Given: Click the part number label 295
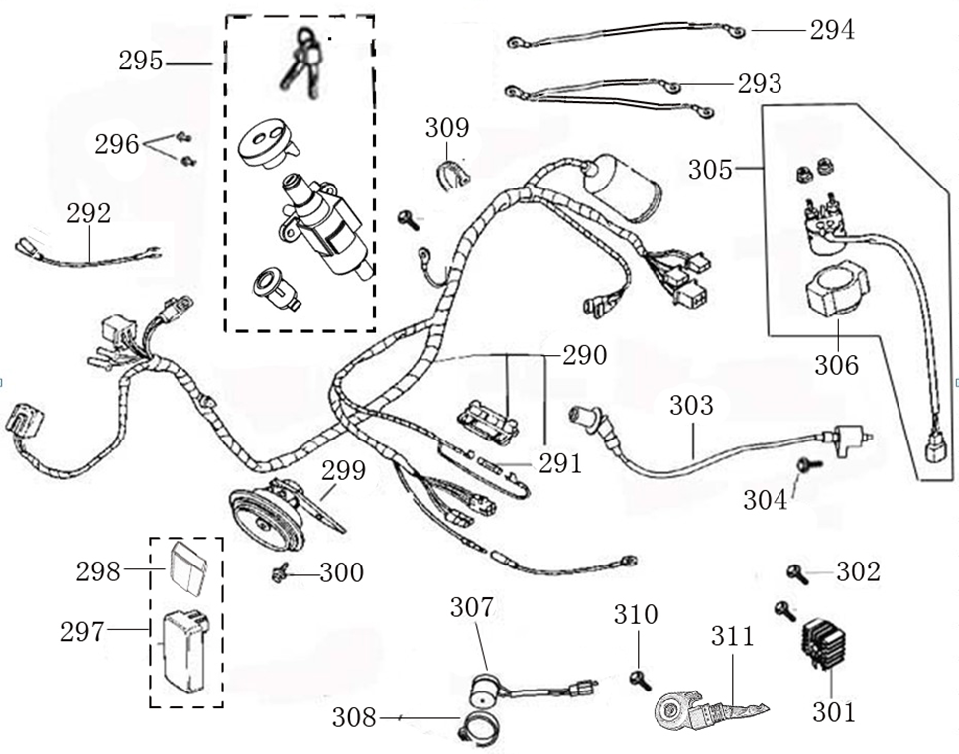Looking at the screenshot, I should pos(140,61).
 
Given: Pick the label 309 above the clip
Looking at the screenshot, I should pos(447,128).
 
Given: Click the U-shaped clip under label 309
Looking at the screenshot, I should pos(454,173).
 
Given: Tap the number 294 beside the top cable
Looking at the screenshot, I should pos(831,30).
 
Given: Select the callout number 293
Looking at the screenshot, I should pos(759,84).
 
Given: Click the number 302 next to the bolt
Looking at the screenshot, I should pos(857,571).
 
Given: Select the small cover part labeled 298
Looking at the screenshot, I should pos(186,565).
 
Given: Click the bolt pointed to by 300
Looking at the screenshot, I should pos(280,571).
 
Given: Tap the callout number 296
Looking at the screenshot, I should pos(117,144).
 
